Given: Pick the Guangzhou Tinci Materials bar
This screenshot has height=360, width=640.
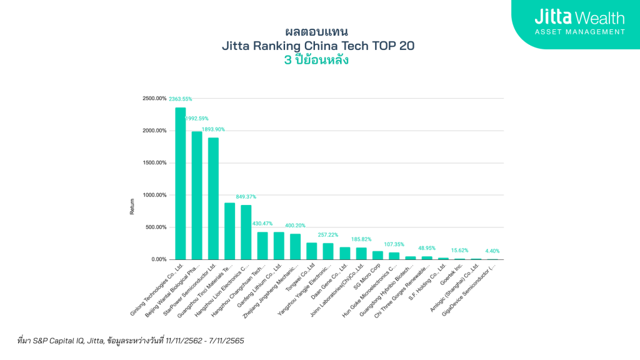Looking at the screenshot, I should pos(229,231).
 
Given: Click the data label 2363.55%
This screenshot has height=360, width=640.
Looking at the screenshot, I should pos(180,99).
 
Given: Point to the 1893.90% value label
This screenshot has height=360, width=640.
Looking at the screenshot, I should pos(213,129).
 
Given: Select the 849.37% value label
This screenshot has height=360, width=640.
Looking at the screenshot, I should pos(245,197).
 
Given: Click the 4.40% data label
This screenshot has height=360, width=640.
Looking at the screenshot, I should pos(492,251).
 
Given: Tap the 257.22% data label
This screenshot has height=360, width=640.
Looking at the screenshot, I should pos(327,235).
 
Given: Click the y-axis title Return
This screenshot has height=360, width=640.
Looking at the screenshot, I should pos(132,207).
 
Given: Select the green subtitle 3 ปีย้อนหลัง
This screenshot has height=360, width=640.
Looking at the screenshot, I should pos(316,61).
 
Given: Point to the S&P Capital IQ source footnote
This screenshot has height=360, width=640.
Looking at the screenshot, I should pos(131,341).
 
